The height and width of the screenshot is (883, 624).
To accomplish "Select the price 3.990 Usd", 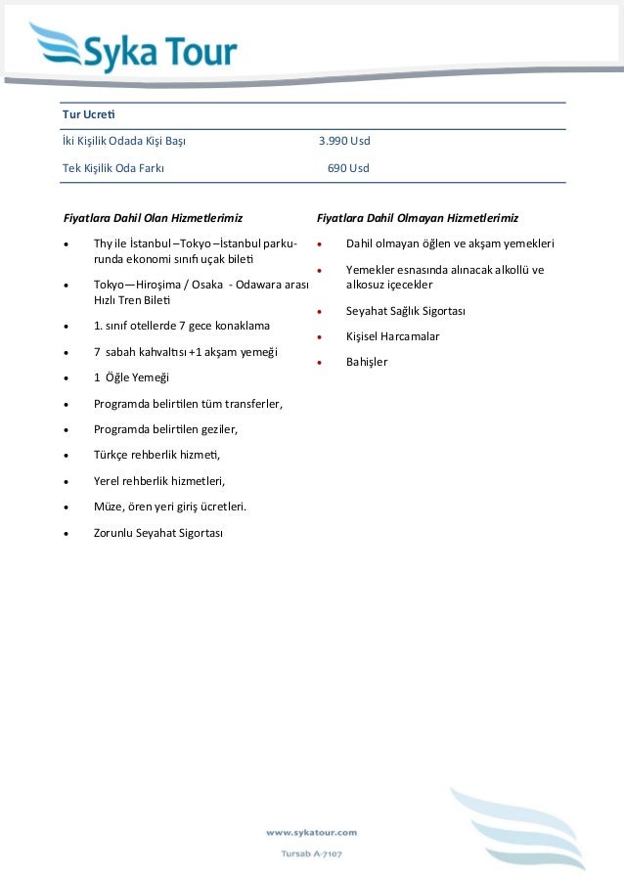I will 344,142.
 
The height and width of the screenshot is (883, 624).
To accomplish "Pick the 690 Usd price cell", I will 348,168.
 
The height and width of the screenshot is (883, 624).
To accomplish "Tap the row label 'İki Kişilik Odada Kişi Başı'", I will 124,142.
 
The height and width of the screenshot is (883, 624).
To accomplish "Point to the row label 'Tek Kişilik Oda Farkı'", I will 112,168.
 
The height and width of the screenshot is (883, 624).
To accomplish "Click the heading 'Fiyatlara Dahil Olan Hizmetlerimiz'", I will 153,217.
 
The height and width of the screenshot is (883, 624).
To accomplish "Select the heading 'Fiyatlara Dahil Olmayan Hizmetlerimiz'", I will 418,217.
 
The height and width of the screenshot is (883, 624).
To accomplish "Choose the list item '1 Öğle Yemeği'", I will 131,376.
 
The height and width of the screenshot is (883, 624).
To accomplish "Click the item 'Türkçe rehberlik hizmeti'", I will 156,455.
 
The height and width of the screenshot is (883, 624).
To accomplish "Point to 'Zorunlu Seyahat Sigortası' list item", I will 158,533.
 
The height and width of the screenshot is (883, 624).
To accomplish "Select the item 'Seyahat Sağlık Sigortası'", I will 405,311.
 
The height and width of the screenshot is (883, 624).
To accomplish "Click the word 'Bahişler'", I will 367,362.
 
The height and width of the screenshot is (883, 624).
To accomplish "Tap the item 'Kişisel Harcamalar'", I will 392,336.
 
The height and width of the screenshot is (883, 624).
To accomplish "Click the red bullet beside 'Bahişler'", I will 319,363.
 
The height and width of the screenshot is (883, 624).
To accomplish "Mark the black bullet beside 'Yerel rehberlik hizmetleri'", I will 65,481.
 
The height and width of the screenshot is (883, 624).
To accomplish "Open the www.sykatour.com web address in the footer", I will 311,832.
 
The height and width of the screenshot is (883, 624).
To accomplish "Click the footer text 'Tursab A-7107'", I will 311,854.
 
